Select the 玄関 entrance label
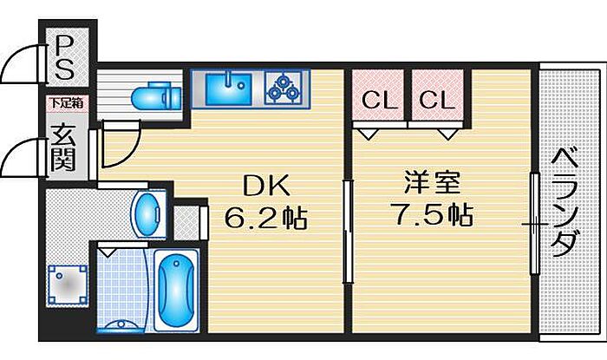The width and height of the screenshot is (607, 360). (63, 147)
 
